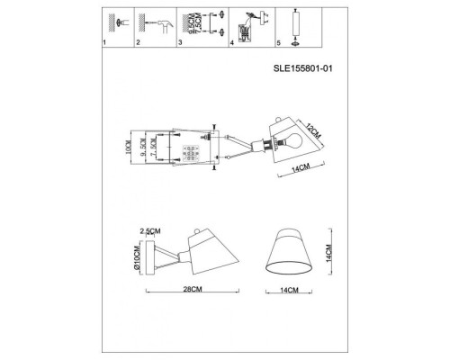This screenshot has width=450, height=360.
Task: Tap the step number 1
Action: pyautogui.click(x=104, y=43)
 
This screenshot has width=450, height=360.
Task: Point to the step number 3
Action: pyautogui.click(x=181, y=43)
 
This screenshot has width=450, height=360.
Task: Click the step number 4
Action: pyautogui.click(x=232, y=43)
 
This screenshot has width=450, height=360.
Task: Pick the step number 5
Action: pyautogui.click(x=280, y=43)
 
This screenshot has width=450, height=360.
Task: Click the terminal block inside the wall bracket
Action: pyautogui.click(x=190, y=149)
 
